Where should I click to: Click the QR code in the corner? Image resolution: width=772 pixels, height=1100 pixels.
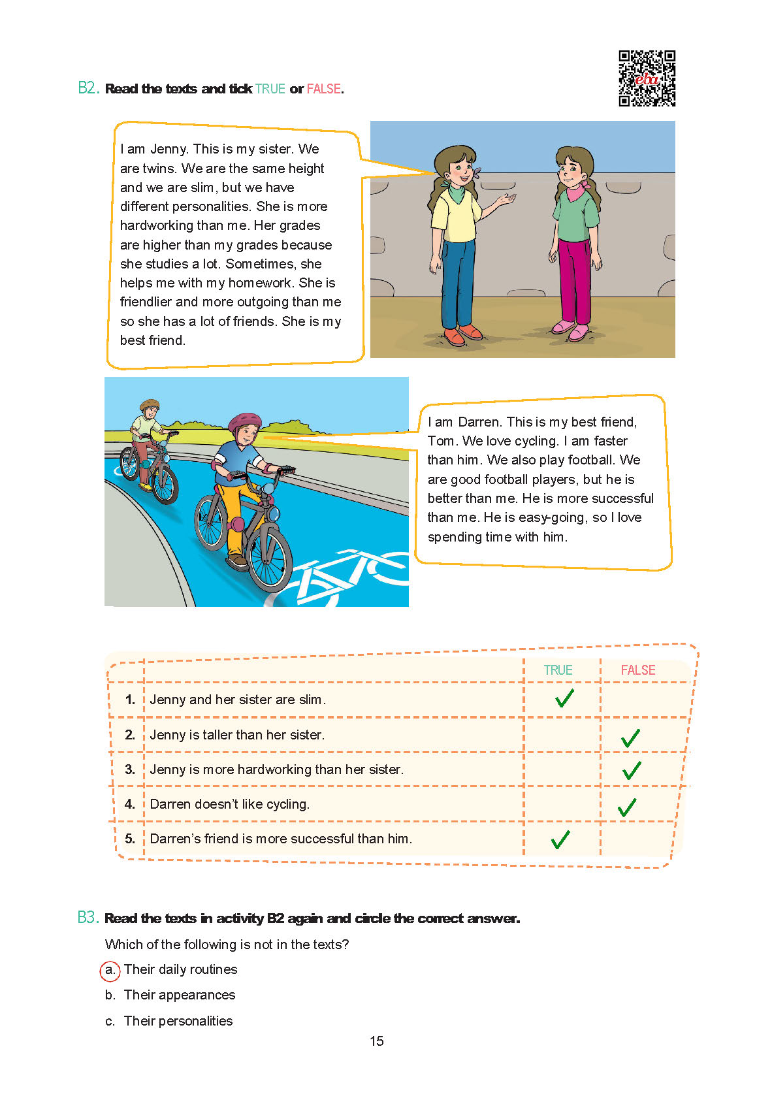coord(647,78)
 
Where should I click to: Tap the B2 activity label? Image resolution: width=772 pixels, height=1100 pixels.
coord(88,88)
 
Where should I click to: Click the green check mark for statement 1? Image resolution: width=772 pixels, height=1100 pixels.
coord(564,698)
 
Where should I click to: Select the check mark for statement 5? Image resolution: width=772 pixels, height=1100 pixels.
coord(560,839)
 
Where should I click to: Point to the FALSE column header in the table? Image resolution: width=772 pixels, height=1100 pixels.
coord(637,670)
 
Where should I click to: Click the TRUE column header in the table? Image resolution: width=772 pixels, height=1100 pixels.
coord(558,670)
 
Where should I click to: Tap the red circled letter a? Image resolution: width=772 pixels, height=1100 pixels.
coord(110,971)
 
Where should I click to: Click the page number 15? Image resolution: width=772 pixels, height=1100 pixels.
coord(377,1041)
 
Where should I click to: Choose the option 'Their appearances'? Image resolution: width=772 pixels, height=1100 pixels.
coord(179,995)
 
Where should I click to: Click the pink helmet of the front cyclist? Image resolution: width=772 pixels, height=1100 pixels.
coord(245,421)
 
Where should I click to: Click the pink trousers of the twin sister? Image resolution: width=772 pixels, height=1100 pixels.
coord(575,281)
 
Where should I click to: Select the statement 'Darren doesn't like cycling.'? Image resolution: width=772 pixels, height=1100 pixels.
coord(229,804)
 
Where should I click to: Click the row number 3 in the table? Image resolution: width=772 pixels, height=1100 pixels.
coord(130,769)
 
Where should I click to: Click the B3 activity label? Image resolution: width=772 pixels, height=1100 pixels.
coord(88,918)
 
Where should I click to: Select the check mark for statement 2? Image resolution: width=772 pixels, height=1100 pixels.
coord(630,738)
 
